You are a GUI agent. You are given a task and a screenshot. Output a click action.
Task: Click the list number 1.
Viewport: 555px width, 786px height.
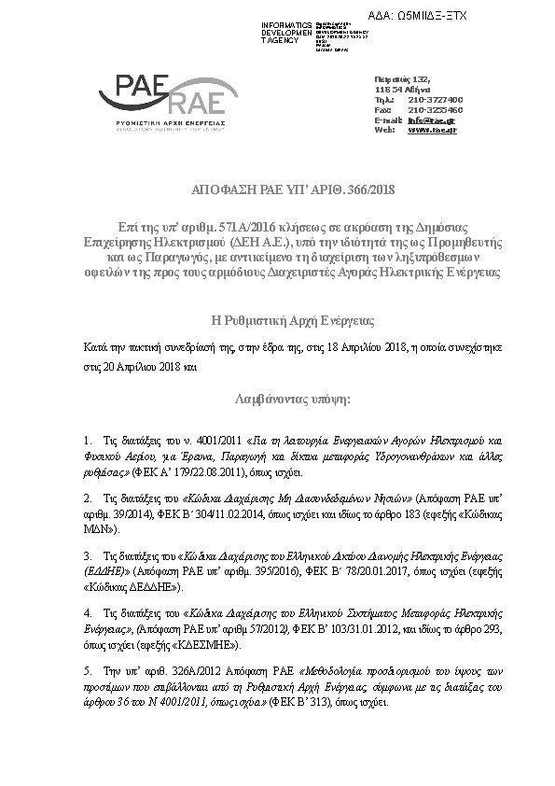pyautogui.click(x=87, y=438)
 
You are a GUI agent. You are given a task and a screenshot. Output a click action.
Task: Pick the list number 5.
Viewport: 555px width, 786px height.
pyautogui.click(x=87, y=670)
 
